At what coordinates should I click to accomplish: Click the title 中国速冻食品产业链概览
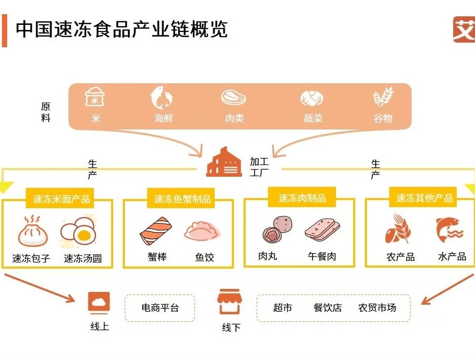(122, 29)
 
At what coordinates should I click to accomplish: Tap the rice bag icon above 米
(95, 97)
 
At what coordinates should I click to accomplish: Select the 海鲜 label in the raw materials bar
(164, 118)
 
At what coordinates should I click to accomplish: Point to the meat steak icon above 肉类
(234, 97)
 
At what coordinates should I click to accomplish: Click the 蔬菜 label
(313, 118)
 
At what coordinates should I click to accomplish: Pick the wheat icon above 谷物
(383, 97)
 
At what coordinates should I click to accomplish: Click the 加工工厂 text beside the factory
(259, 167)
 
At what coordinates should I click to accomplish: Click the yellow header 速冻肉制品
(302, 198)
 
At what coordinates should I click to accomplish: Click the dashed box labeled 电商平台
(160, 308)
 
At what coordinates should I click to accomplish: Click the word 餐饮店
(328, 308)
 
